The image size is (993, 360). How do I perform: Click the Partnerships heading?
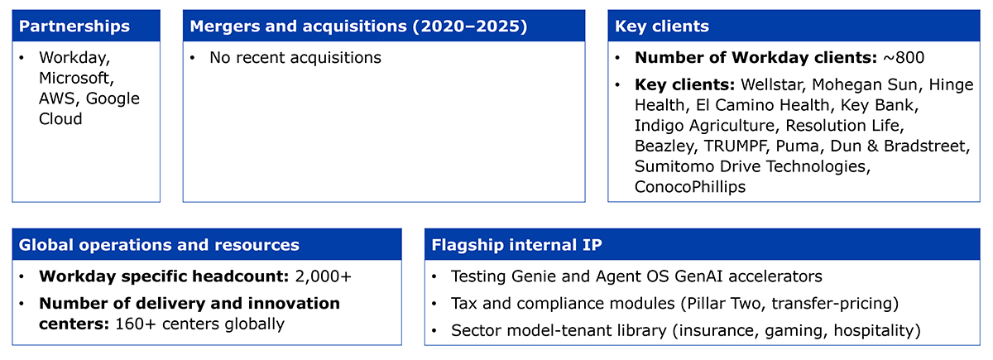click(x=74, y=26)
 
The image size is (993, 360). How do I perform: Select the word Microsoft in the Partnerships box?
click(x=75, y=78)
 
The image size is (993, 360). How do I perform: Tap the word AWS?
click(x=58, y=98)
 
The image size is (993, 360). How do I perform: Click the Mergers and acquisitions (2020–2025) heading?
click(x=358, y=26)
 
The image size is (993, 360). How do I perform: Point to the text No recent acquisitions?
click(x=295, y=58)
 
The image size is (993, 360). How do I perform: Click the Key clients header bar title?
click(x=662, y=26)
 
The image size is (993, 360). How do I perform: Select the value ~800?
click(x=904, y=58)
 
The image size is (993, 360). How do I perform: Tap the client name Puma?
click(x=797, y=146)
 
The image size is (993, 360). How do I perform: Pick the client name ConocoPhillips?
click(x=690, y=187)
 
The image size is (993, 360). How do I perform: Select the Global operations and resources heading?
click(x=159, y=245)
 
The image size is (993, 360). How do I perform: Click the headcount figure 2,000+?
click(x=324, y=276)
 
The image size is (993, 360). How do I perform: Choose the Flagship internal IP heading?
click(x=516, y=245)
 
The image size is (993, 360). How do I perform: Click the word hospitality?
click(x=873, y=331)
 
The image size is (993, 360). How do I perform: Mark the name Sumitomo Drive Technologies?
click(x=750, y=166)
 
